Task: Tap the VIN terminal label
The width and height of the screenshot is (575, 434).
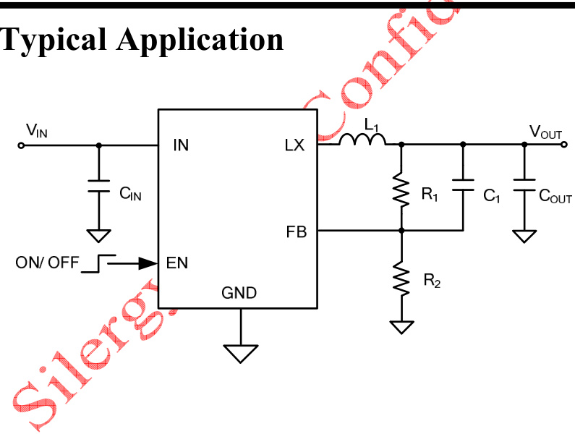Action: [37, 130]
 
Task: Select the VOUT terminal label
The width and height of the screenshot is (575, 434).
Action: [545, 131]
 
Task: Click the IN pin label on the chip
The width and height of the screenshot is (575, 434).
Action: [181, 145]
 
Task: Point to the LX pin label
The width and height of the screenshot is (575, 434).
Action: [295, 145]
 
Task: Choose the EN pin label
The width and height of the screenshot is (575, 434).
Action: [176, 263]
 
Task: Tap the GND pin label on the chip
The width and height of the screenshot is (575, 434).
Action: [239, 293]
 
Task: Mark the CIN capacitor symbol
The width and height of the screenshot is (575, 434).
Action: [99, 186]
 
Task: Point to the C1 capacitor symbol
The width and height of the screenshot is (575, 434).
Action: [463, 186]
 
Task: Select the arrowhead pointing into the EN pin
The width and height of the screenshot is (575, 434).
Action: [151, 263]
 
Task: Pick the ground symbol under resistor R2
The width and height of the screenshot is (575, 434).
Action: [401, 327]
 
